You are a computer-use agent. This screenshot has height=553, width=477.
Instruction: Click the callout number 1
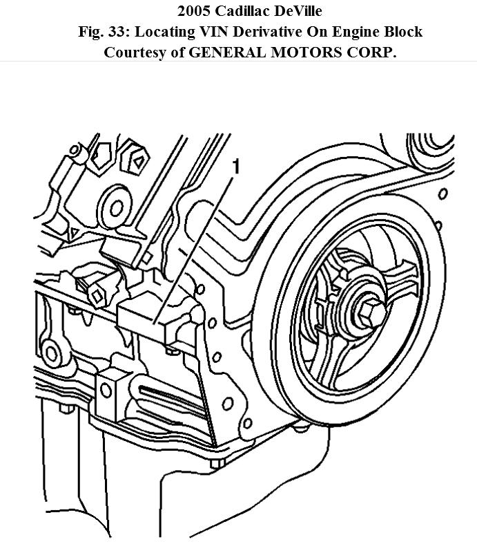click(x=236, y=167)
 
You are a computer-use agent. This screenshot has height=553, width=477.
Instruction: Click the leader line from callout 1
click(x=196, y=242)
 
